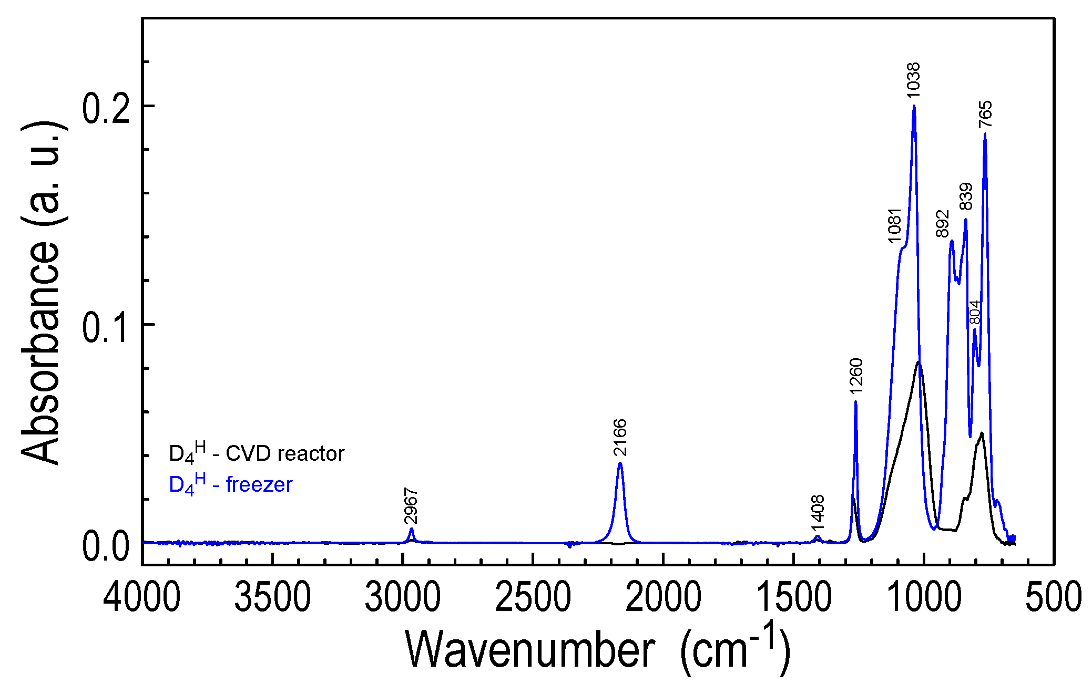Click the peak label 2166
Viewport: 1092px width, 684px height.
click(620, 437)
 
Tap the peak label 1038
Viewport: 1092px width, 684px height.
click(913, 80)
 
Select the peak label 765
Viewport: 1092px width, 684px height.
click(985, 114)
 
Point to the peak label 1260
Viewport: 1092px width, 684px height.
click(856, 376)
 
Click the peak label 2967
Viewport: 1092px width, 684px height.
click(411, 506)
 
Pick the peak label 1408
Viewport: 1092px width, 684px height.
click(818, 513)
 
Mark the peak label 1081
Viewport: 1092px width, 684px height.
click(894, 225)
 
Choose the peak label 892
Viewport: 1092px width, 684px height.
click(943, 223)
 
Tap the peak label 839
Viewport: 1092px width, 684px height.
click(966, 196)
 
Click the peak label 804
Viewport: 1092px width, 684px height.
click(974, 313)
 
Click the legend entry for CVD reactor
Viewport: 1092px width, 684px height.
click(256, 454)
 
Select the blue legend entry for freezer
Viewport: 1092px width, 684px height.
click(230, 484)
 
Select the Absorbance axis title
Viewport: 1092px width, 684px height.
click(41, 293)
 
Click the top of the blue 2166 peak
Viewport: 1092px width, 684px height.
click(620, 463)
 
